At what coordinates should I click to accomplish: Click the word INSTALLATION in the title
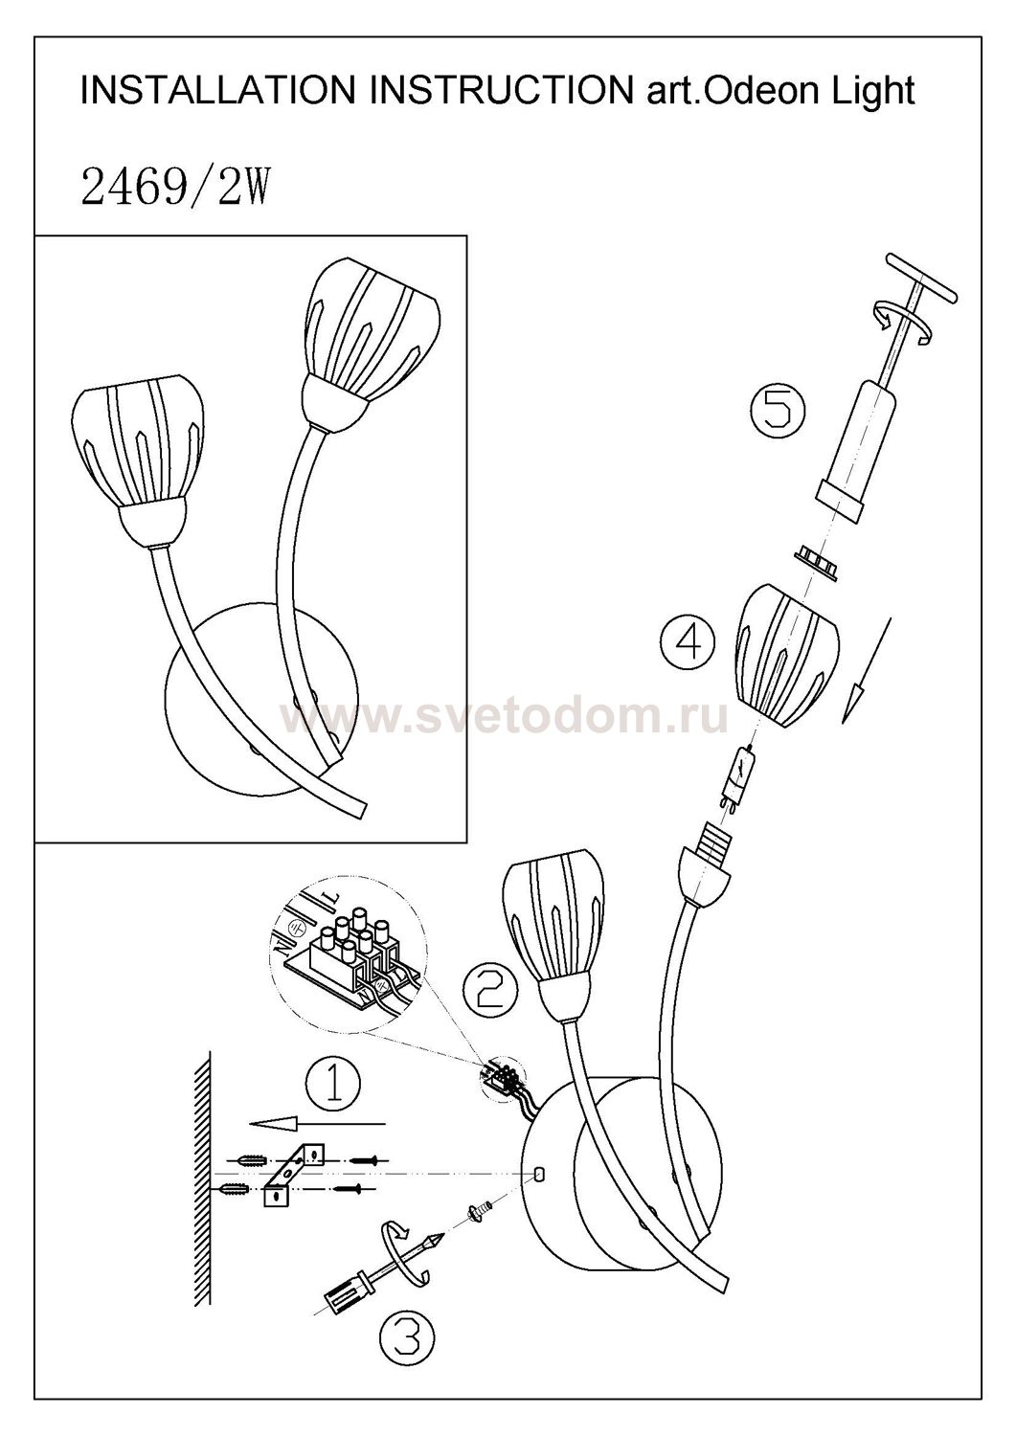217,90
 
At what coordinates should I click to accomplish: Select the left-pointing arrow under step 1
318,1123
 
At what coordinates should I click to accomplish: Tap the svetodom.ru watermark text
505,717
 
